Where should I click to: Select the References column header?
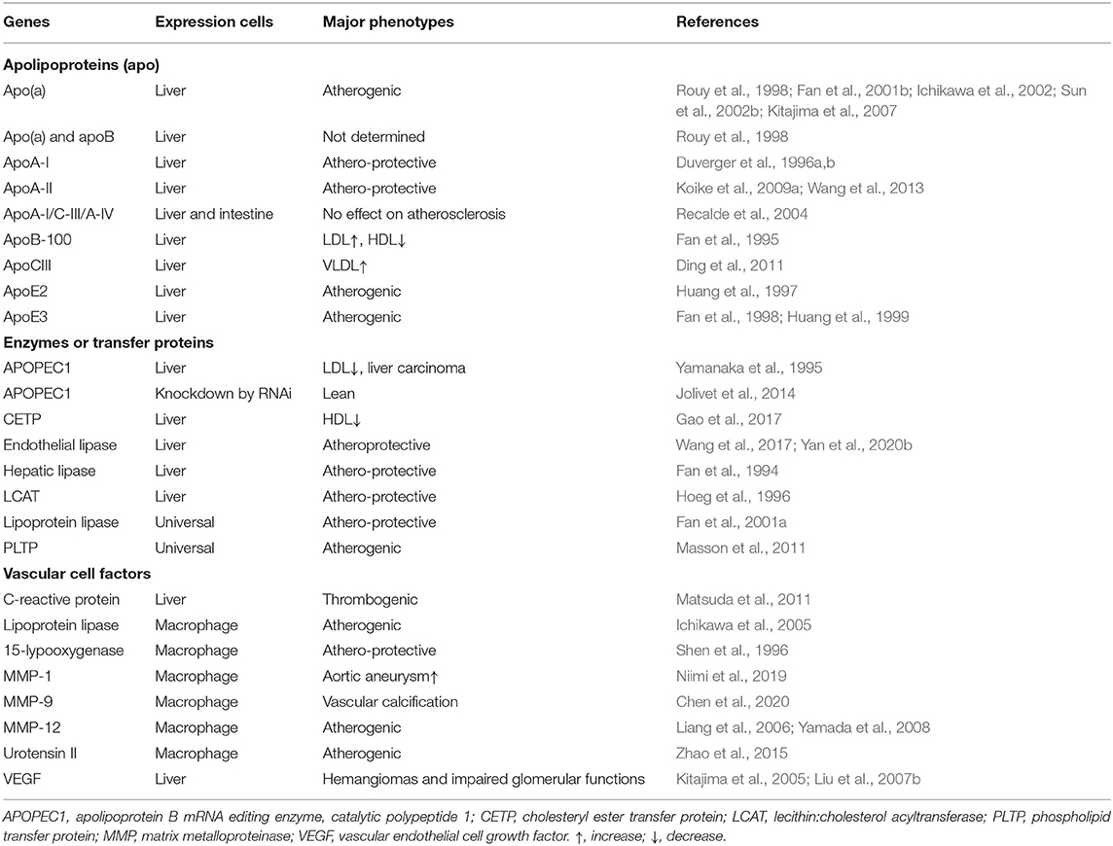click(x=717, y=21)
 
